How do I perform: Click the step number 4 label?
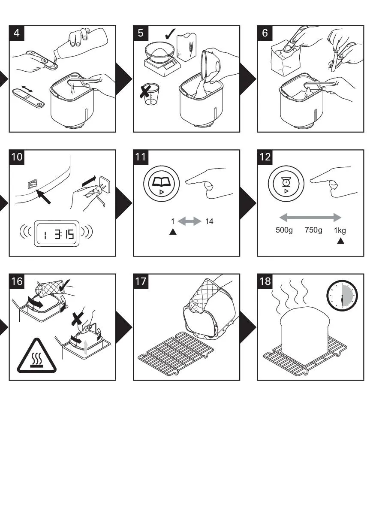[x=17, y=33]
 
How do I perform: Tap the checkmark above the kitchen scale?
[x=170, y=34]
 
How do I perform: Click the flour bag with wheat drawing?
[x=187, y=48]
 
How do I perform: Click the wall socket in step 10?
[x=105, y=184]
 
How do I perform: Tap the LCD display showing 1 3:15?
[x=57, y=234]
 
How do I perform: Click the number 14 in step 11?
[x=209, y=221]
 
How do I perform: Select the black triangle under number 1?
[x=173, y=232]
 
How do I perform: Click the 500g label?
[x=284, y=230]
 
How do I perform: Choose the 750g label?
[x=313, y=230]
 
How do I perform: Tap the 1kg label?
[x=340, y=230]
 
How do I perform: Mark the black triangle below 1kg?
[x=341, y=241]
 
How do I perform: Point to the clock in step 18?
[x=342, y=296]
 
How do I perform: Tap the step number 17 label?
[x=141, y=281]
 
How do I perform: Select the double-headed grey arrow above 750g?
[x=310, y=218]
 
